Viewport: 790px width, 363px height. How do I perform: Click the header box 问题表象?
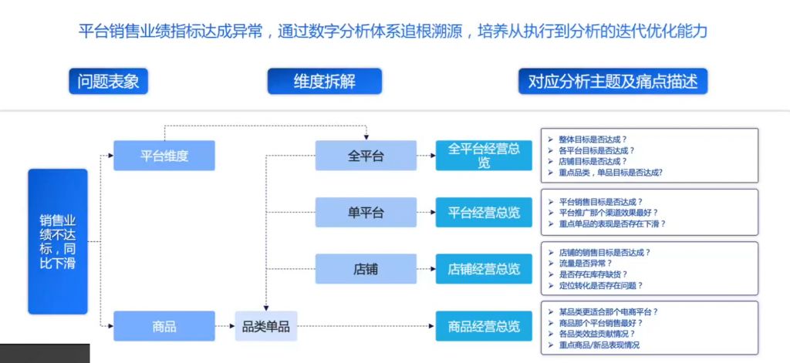(x=108, y=82)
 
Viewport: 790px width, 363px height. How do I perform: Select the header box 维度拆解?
(x=324, y=82)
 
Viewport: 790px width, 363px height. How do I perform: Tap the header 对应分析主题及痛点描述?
(x=613, y=82)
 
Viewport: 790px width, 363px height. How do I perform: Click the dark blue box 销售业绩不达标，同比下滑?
(x=58, y=241)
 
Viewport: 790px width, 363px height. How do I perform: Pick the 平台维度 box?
(x=164, y=156)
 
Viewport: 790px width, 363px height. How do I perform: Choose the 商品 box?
(x=164, y=326)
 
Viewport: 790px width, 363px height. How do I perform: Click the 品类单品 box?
(x=266, y=326)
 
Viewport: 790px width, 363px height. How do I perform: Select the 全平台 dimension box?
(x=366, y=156)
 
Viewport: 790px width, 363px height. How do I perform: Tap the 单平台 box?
(x=366, y=212)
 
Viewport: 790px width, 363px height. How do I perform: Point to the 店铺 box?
(x=366, y=269)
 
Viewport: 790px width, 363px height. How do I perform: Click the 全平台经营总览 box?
(x=484, y=156)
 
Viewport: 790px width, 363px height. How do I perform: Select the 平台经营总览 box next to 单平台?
(x=484, y=212)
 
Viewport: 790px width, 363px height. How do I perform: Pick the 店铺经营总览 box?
(x=484, y=269)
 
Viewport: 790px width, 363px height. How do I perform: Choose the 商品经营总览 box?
(x=484, y=326)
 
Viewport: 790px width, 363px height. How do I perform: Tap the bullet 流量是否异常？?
(x=586, y=263)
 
